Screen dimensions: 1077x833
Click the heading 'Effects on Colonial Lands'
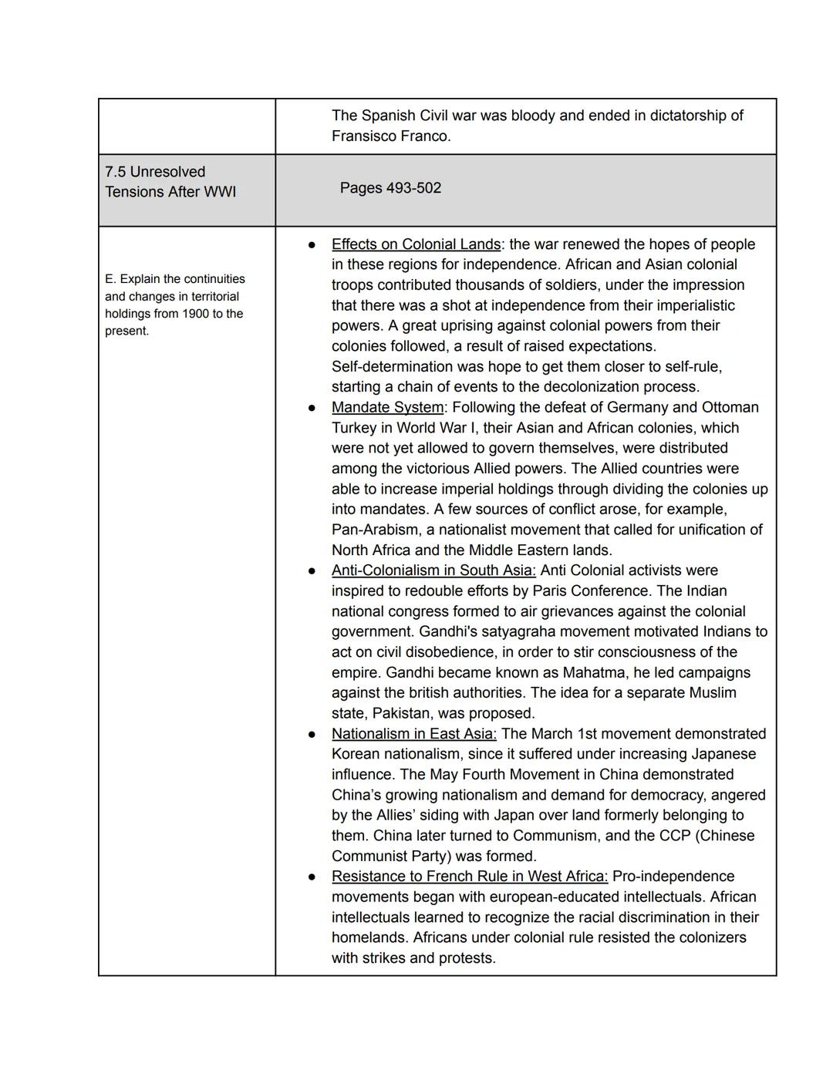pyautogui.click(x=416, y=244)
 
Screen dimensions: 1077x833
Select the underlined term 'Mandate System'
pyautogui.click(x=387, y=407)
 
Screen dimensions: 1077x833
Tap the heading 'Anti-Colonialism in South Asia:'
pyautogui.click(x=433, y=570)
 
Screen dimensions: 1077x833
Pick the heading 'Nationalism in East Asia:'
pyautogui.click(x=413, y=734)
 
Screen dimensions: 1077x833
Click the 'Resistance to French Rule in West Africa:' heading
pyautogui.click(x=469, y=877)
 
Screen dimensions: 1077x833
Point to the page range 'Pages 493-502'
pyautogui.click(x=390, y=188)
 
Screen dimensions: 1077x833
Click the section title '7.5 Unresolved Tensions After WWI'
pyautogui.click(x=170, y=182)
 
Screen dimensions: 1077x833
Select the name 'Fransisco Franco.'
pyautogui.click(x=390, y=136)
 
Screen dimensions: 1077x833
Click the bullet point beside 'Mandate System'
pyautogui.click(x=312, y=408)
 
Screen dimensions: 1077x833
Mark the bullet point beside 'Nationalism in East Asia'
pyautogui.click(x=312, y=735)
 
